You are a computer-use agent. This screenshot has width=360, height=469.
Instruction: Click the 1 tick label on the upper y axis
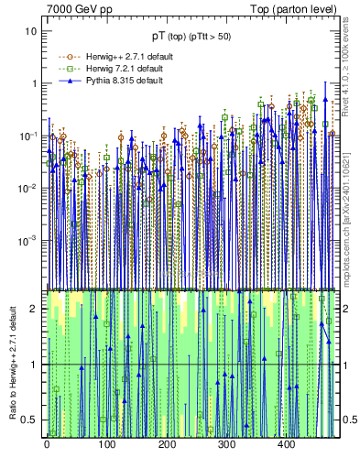(x=34, y=83)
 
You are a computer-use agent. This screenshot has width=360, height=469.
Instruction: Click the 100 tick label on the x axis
(x=106, y=446)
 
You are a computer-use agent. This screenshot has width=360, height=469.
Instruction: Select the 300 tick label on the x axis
(x=226, y=446)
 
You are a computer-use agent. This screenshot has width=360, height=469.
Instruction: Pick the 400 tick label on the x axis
(x=286, y=446)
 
